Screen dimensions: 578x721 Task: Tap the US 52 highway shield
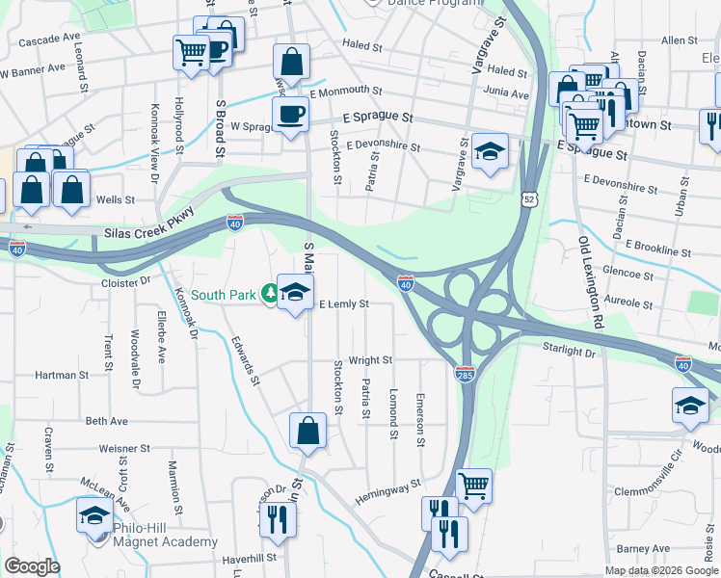click(531, 198)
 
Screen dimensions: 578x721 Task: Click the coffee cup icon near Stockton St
click(290, 116)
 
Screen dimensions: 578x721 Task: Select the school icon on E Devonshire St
click(490, 151)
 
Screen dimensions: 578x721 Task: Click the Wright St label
click(370, 360)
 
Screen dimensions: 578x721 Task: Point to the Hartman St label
click(62, 375)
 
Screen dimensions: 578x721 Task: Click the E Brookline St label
click(656, 250)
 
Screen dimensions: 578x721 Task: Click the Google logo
click(32, 566)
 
